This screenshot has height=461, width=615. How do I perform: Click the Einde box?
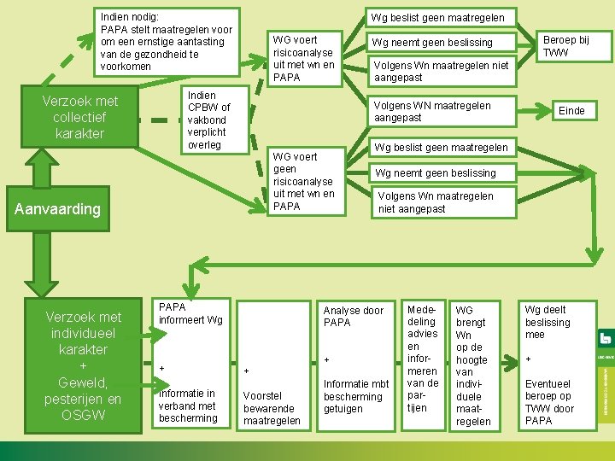pos(571,110)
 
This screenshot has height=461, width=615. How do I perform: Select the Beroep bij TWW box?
pos(565,47)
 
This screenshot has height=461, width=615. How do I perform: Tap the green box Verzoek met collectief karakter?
pos(79,117)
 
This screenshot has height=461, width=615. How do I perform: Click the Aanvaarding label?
pos(57,208)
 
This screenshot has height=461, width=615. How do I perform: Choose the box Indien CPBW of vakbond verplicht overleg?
pos(208,120)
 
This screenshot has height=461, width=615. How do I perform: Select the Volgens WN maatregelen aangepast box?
pos(441,111)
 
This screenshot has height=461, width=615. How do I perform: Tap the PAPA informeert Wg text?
pos(190,312)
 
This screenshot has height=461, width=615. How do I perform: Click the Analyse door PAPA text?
pos(352,316)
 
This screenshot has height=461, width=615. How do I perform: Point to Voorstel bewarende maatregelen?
pos(272,408)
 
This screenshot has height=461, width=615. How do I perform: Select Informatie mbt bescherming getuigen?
pos(355,395)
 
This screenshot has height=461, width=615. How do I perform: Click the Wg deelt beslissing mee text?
pos(547,322)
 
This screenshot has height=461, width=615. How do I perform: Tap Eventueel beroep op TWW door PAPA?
pos(549,402)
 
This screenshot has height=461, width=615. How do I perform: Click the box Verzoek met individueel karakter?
pos(84,365)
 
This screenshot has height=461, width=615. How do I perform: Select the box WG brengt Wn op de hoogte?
pos(474,365)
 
